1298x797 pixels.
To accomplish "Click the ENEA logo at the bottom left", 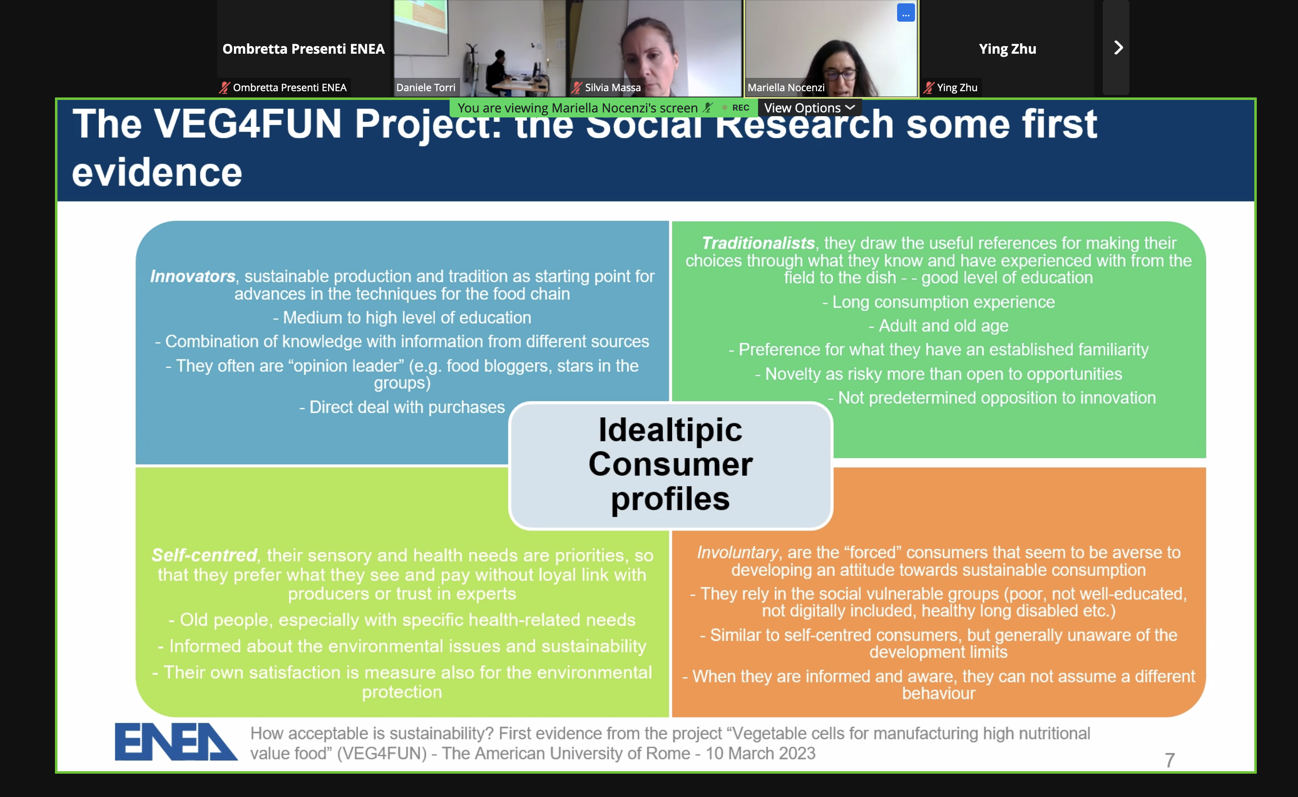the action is pyautogui.click(x=176, y=742).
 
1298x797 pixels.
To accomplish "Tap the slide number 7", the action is pyautogui.click(x=1169, y=760).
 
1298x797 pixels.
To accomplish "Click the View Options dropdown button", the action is pyautogui.click(x=809, y=108).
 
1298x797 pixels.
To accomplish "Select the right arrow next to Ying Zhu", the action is pyautogui.click(x=1118, y=48).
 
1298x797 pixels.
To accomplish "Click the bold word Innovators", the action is pyautogui.click(x=193, y=276).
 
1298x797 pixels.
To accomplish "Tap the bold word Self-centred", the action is pyautogui.click(x=204, y=555).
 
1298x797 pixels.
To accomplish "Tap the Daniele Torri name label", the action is pyautogui.click(x=425, y=87).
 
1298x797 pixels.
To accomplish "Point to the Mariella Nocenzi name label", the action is pyautogui.click(x=786, y=87).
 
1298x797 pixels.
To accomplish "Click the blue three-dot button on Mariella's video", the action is pyautogui.click(x=905, y=13).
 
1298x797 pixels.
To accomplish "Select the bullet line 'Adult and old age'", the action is pyautogui.click(x=939, y=326).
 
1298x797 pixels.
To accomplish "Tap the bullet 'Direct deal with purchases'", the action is pyautogui.click(x=402, y=407).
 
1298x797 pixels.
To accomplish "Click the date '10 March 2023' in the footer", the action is pyautogui.click(x=761, y=753).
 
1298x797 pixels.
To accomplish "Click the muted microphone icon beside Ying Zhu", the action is pyautogui.click(x=929, y=87).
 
